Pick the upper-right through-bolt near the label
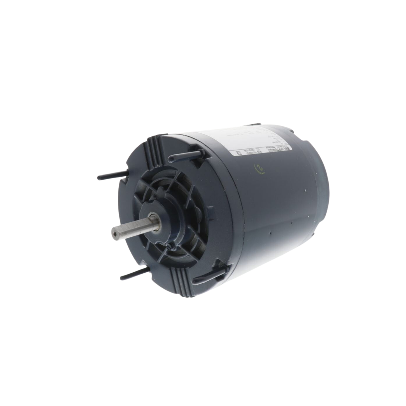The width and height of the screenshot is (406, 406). pyautogui.click(x=182, y=155)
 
